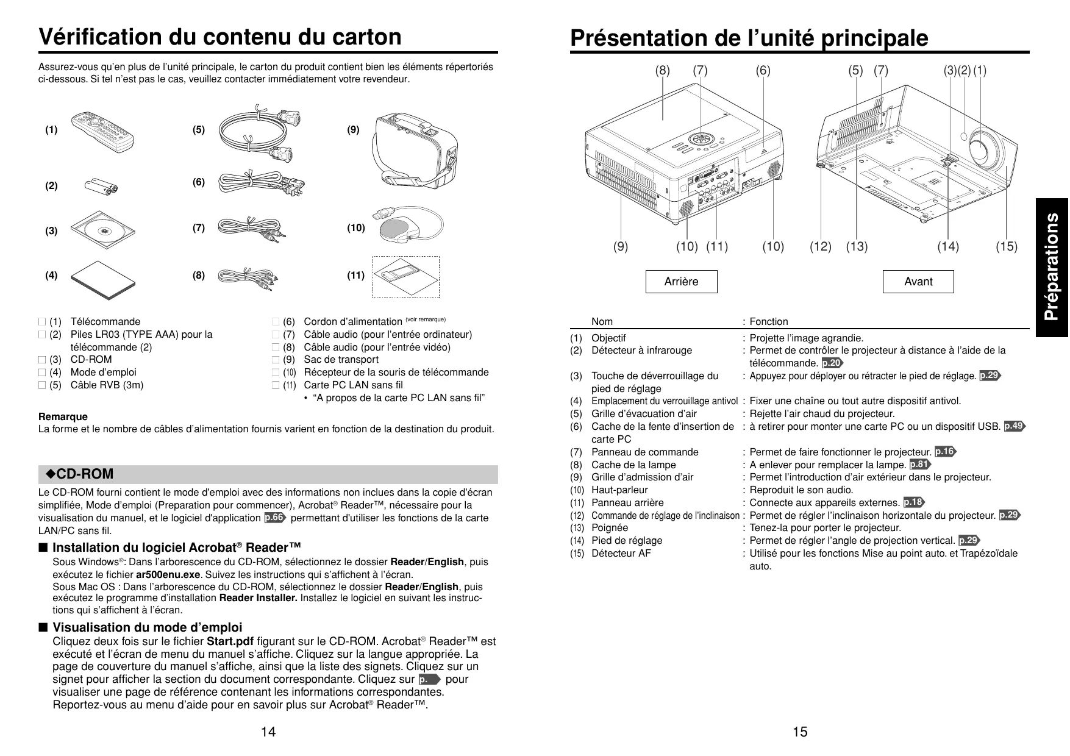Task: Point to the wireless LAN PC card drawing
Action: (x=406, y=277)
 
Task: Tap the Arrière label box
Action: (x=681, y=282)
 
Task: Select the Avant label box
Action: (x=918, y=282)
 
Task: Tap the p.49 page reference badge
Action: (x=1014, y=426)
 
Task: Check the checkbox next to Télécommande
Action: (x=41, y=322)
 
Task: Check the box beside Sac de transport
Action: (x=275, y=360)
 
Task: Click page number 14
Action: (x=268, y=732)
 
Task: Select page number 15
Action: (x=801, y=732)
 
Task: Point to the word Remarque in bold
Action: (x=63, y=416)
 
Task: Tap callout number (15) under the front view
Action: (x=1007, y=247)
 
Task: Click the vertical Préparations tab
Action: (x=1052, y=267)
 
